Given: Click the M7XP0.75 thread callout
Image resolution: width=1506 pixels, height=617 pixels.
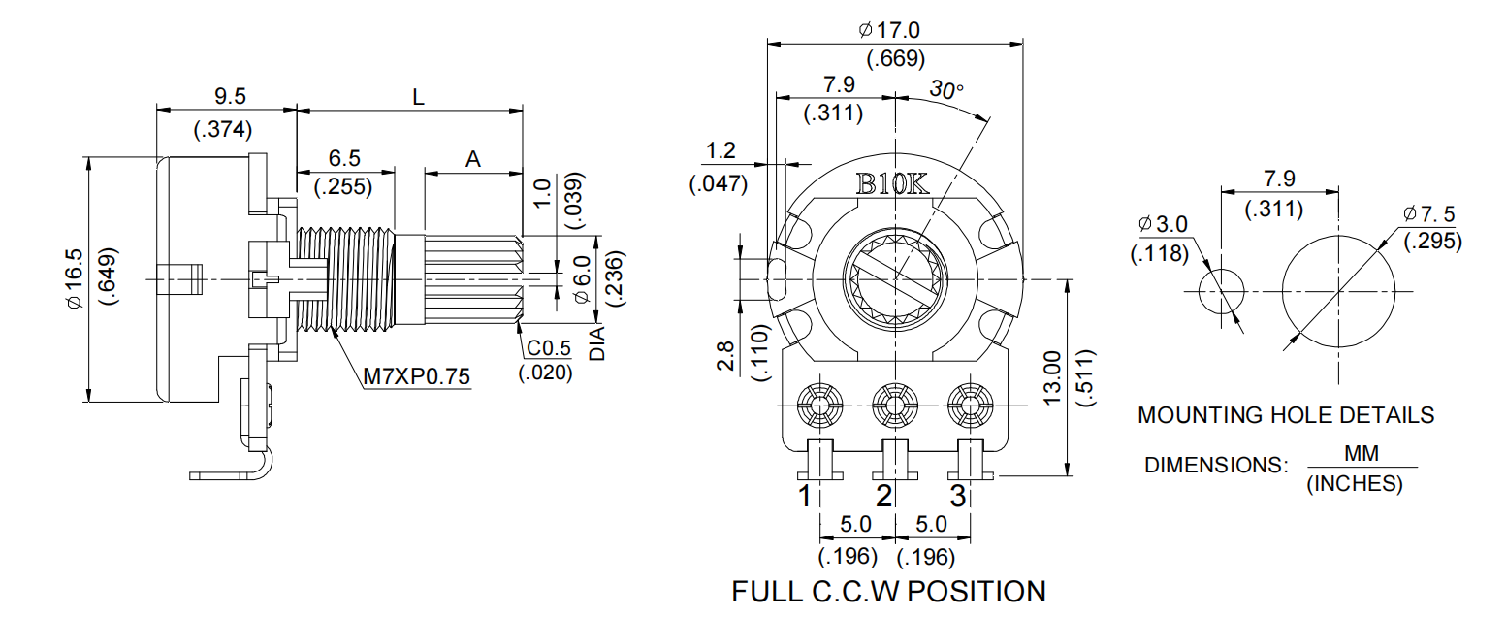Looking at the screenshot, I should pyautogui.click(x=416, y=375).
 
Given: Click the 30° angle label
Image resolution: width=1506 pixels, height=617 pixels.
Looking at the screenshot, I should pyautogui.click(x=947, y=89).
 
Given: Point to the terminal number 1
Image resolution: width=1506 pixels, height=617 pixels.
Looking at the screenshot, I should pyautogui.click(x=805, y=497).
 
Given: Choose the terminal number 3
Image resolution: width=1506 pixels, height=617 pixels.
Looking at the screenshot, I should pyautogui.click(x=957, y=497).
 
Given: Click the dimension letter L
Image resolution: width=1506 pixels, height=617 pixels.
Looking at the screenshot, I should pyautogui.click(x=418, y=97).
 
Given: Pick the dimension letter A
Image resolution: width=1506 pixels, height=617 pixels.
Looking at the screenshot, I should pyautogui.click(x=473, y=160).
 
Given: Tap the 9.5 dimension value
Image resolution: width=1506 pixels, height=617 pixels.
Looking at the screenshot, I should pyautogui.click(x=229, y=96).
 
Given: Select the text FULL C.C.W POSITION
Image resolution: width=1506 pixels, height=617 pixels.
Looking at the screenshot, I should pyautogui.click(x=888, y=591).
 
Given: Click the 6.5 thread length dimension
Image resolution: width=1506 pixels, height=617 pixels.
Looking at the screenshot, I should pyautogui.click(x=344, y=158).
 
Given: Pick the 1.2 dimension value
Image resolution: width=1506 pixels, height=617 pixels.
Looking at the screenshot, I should pyautogui.click(x=721, y=150).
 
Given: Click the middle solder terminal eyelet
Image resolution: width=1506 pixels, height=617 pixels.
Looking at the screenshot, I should pyautogui.click(x=892, y=403).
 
